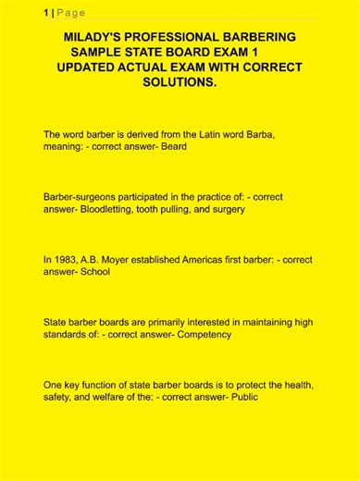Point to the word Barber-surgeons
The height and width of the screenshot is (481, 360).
point(83,197)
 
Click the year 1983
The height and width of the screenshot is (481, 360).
point(68,260)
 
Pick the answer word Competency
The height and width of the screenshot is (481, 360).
point(204,334)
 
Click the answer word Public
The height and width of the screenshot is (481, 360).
point(242,397)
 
